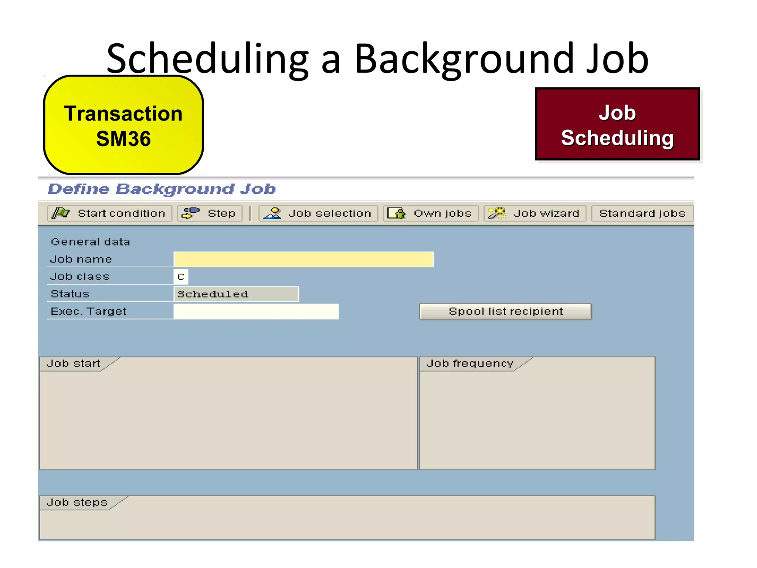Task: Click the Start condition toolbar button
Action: (x=109, y=213)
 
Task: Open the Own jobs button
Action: (x=431, y=213)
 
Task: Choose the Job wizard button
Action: (x=535, y=213)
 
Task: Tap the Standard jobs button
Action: (x=642, y=213)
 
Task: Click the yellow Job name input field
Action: (x=303, y=259)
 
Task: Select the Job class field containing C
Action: (x=181, y=277)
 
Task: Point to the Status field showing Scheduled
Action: (x=236, y=294)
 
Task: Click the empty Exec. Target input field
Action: (x=256, y=311)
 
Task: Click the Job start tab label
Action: (x=74, y=364)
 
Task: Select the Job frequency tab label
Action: (x=470, y=364)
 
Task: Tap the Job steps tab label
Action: (x=77, y=503)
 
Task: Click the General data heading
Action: (x=90, y=242)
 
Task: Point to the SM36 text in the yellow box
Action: (x=123, y=139)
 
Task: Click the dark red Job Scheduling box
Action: (x=617, y=124)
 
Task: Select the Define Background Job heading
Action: (x=162, y=189)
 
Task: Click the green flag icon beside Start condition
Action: (x=61, y=213)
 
